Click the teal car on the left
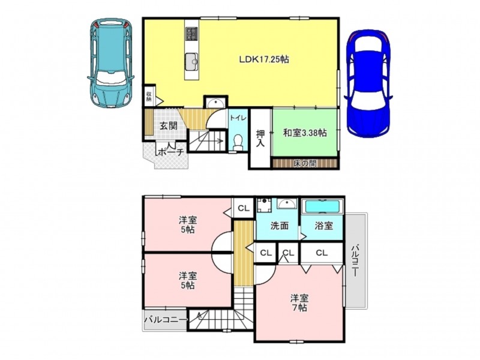(x=111, y=63)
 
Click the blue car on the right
(x=368, y=83)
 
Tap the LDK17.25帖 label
(x=264, y=59)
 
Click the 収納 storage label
(x=149, y=97)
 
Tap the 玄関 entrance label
(x=169, y=125)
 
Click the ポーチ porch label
(x=171, y=152)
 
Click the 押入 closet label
(x=260, y=139)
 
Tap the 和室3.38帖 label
(x=305, y=133)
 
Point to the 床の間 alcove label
(x=305, y=164)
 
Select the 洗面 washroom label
(x=280, y=226)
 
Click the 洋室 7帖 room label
(x=299, y=303)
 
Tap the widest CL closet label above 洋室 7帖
(x=322, y=253)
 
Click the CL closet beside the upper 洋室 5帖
(x=244, y=208)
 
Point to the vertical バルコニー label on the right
(x=355, y=260)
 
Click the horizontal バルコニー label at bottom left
(x=166, y=320)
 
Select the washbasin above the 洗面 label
(x=287, y=203)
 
